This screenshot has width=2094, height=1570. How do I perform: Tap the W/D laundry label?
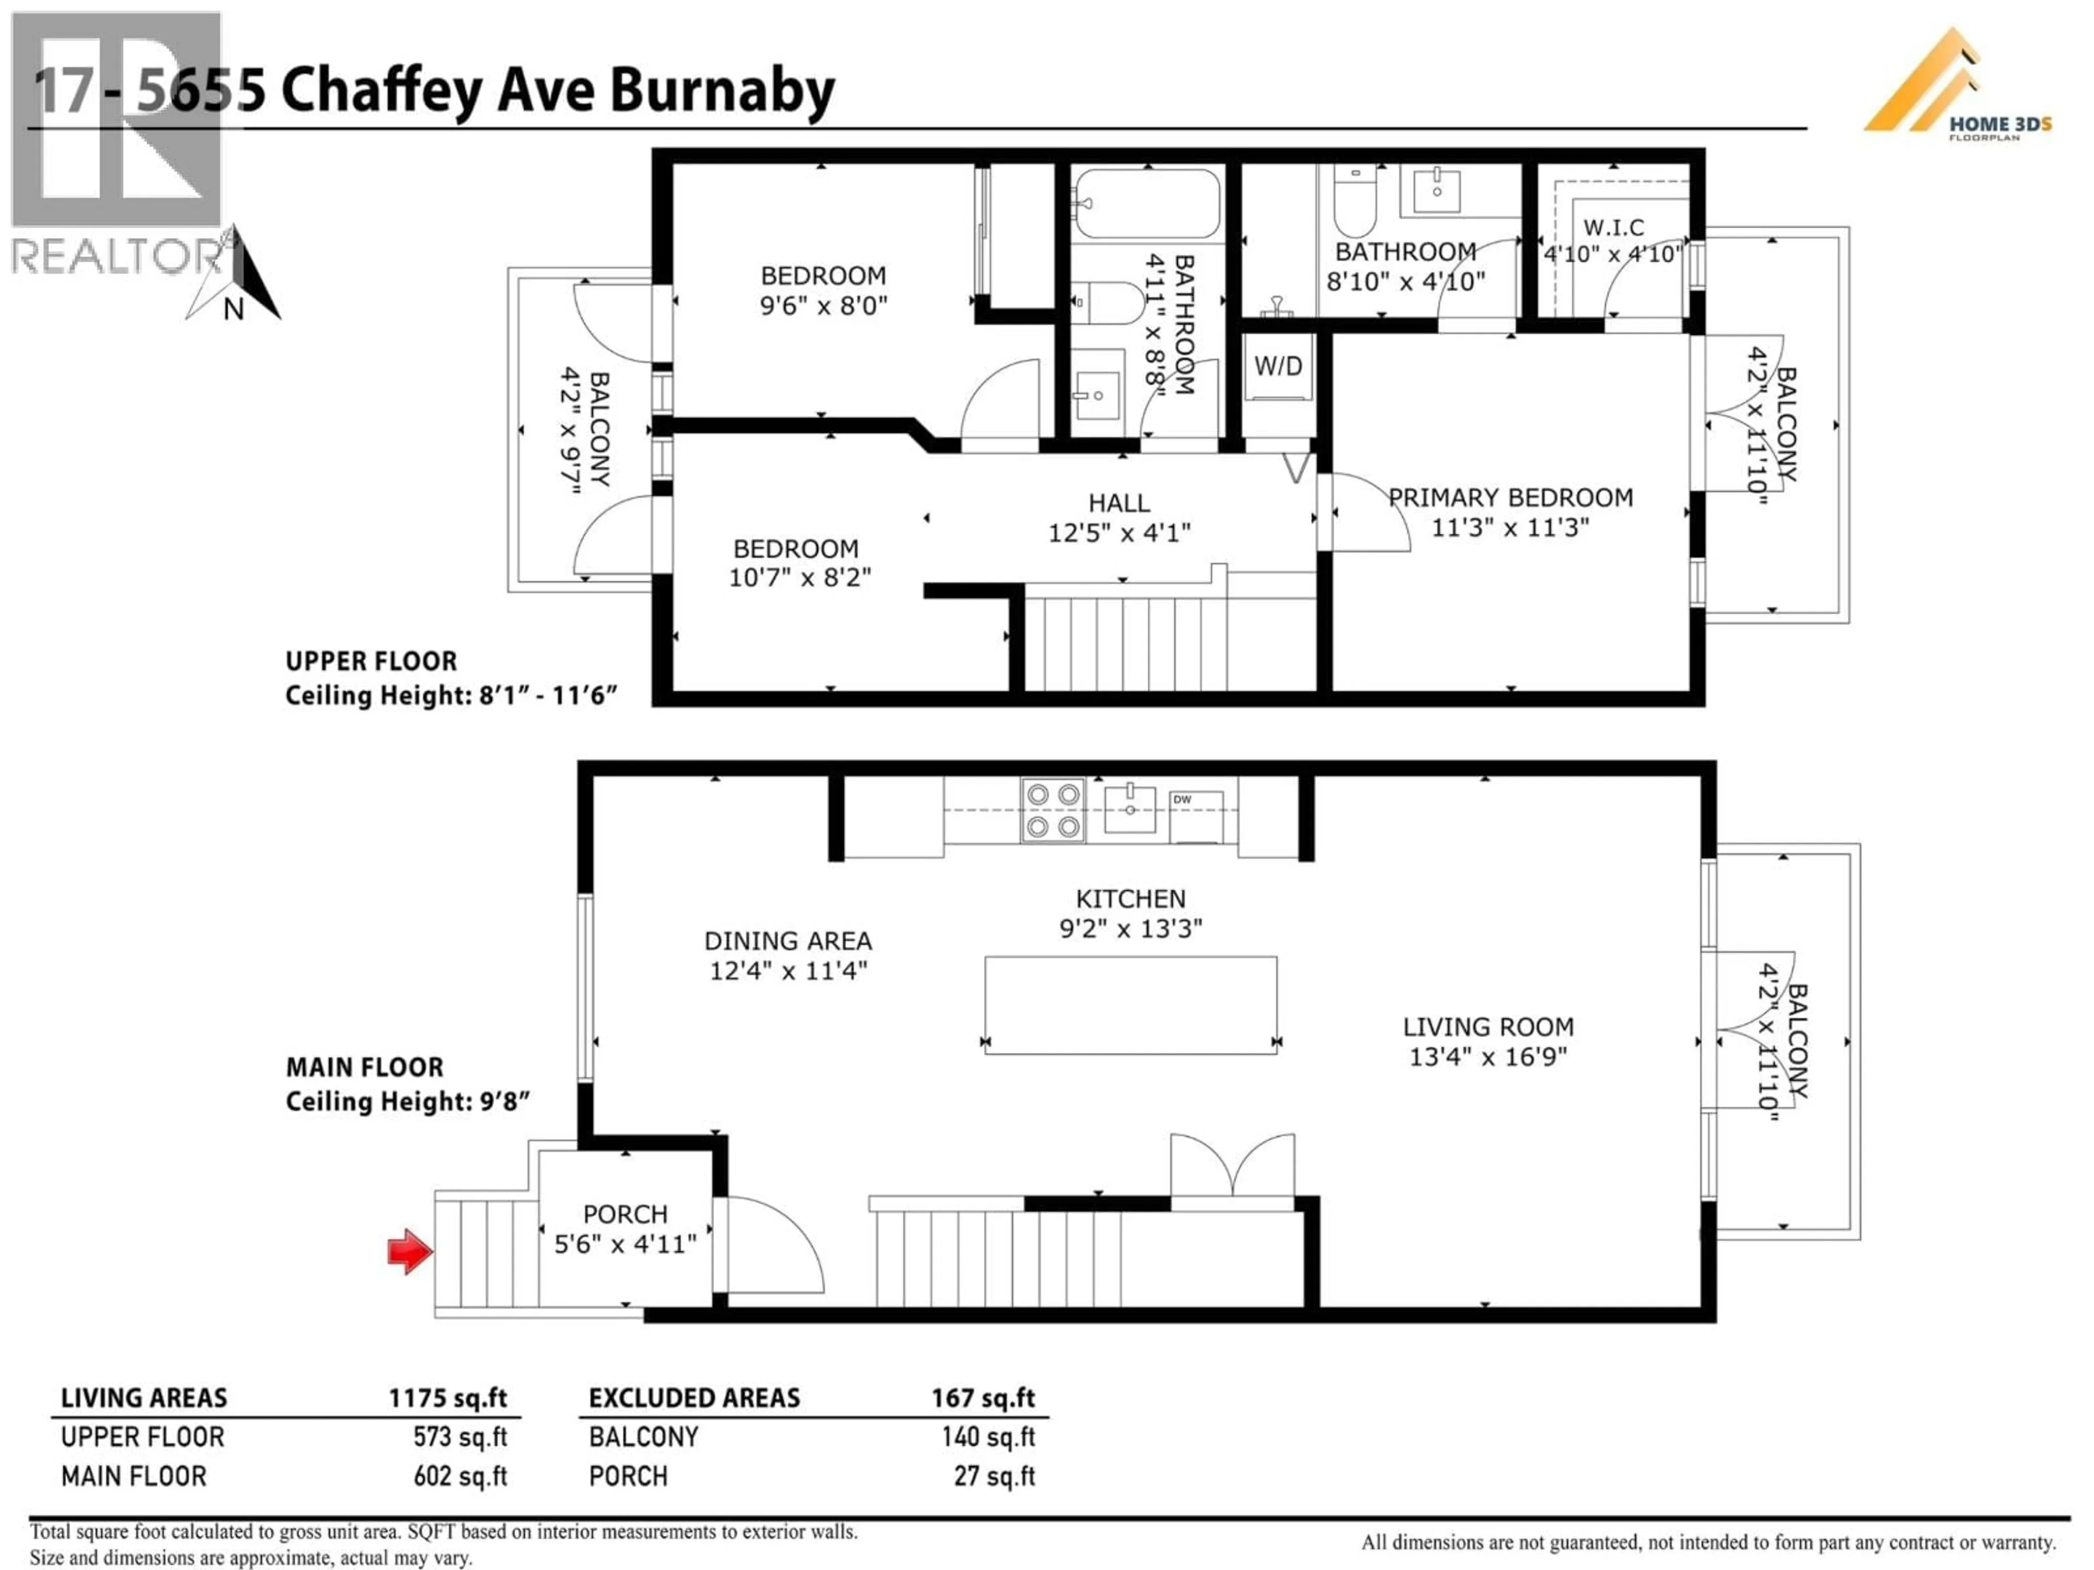[x=1278, y=366]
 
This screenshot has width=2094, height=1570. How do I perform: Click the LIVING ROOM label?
[x=1488, y=1027]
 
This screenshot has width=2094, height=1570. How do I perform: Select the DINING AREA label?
[x=787, y=941]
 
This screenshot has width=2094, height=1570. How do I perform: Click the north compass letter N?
[x=233, y=310]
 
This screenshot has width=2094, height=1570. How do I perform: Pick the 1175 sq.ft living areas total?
[x=447, y=1398]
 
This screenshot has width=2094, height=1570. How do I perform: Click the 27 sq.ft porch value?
[x=994, y=1476]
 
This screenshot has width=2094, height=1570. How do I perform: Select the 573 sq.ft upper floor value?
[x=460, y=1438]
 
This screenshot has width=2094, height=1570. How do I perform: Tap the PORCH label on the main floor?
[x=625, y=1214]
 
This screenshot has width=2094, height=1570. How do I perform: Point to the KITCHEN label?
[x=1130, y=898]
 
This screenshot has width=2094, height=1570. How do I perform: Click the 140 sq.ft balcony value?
[x=988, y=1438]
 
